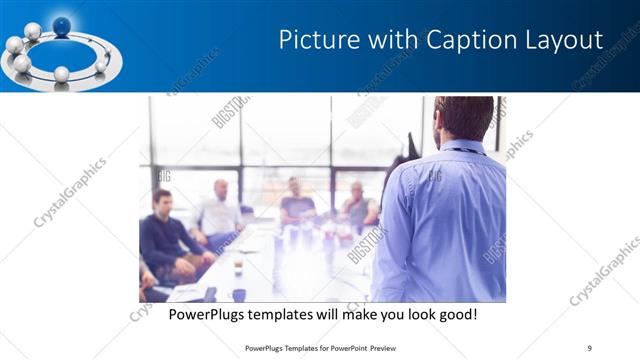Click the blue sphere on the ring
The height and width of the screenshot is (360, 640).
pos(62,26)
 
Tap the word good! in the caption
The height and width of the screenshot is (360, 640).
pos(456,315)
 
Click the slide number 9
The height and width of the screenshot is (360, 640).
pos(589,348)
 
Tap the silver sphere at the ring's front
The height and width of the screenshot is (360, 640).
pos(61,74)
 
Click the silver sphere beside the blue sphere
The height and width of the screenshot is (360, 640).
pos(32,31)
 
